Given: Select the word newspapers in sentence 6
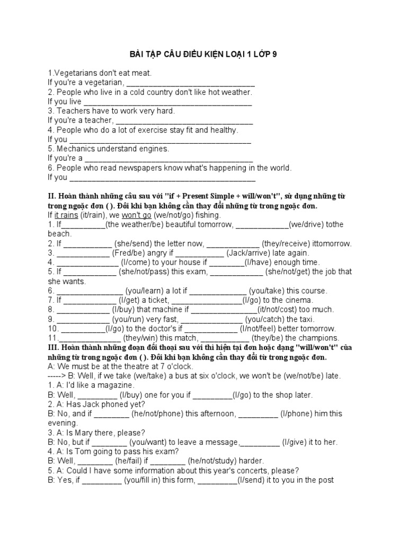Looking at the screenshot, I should pyautogui.click(x=168, y=168).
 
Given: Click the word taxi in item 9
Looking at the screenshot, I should pyautogui.click(x=305, y=319).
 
